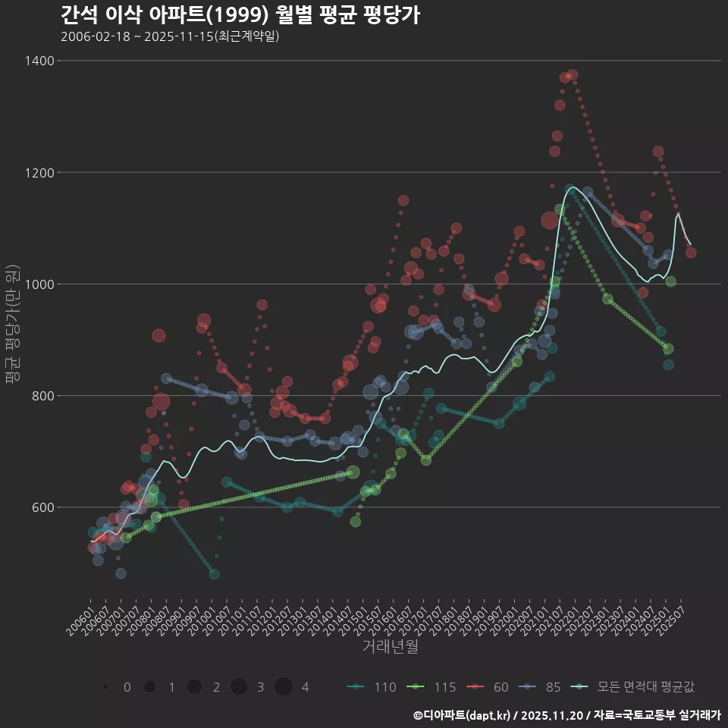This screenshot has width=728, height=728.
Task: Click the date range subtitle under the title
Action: [x=170, y=36]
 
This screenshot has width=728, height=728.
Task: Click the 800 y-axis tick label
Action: [x=42, y=396]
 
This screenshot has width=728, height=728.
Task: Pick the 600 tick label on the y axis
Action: [x=42, y=507]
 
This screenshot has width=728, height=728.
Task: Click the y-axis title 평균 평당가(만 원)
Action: [x=11, y=325]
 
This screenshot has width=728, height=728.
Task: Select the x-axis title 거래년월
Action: [x=391, y=646]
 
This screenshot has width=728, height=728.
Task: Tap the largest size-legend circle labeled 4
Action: [x=284, y=687]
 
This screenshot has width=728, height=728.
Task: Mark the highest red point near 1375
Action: [x=573, y=75]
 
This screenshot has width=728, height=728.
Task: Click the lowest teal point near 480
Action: [x=214, y=574]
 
